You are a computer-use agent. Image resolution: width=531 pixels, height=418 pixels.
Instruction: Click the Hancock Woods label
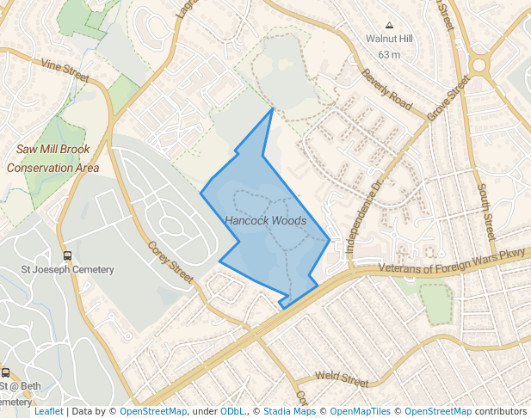tap(265, 221)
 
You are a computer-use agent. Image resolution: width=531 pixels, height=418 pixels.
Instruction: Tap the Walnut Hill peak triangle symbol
tap(389, 25)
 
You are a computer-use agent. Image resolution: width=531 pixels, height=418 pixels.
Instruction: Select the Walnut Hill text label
tap(389, 40)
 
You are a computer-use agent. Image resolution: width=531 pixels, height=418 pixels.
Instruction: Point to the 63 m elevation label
tap(389, 55)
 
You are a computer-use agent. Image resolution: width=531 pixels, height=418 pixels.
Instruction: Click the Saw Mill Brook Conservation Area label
tap(52, 158)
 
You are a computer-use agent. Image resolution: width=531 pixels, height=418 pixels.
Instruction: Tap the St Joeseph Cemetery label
tap(67, 270)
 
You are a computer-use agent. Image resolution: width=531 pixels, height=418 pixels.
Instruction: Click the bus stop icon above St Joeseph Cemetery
tap(67, 255)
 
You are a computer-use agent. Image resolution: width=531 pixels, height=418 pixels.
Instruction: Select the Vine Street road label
tap(65, 70)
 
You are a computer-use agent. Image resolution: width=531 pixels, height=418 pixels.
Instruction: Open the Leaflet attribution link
tap(48, 412)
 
